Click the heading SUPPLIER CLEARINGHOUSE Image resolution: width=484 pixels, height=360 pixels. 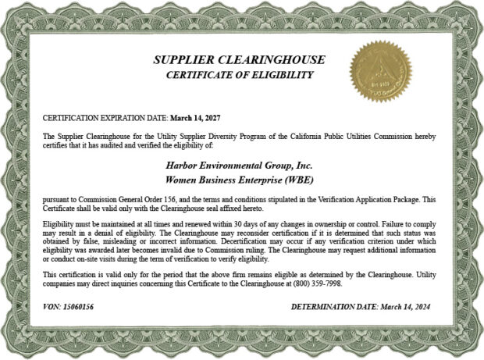(239, 60)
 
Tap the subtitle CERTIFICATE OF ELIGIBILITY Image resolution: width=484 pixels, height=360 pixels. (239, 75)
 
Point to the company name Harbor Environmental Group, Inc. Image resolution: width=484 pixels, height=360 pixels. (240, 165)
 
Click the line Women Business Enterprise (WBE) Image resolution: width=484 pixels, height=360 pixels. (240, 179)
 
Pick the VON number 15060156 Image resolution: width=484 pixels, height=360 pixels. (77, 308)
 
